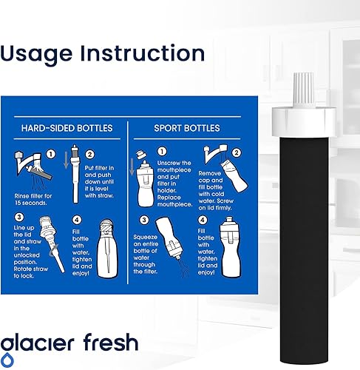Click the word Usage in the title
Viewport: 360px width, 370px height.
pyautogui.click(x=46, y=53)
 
